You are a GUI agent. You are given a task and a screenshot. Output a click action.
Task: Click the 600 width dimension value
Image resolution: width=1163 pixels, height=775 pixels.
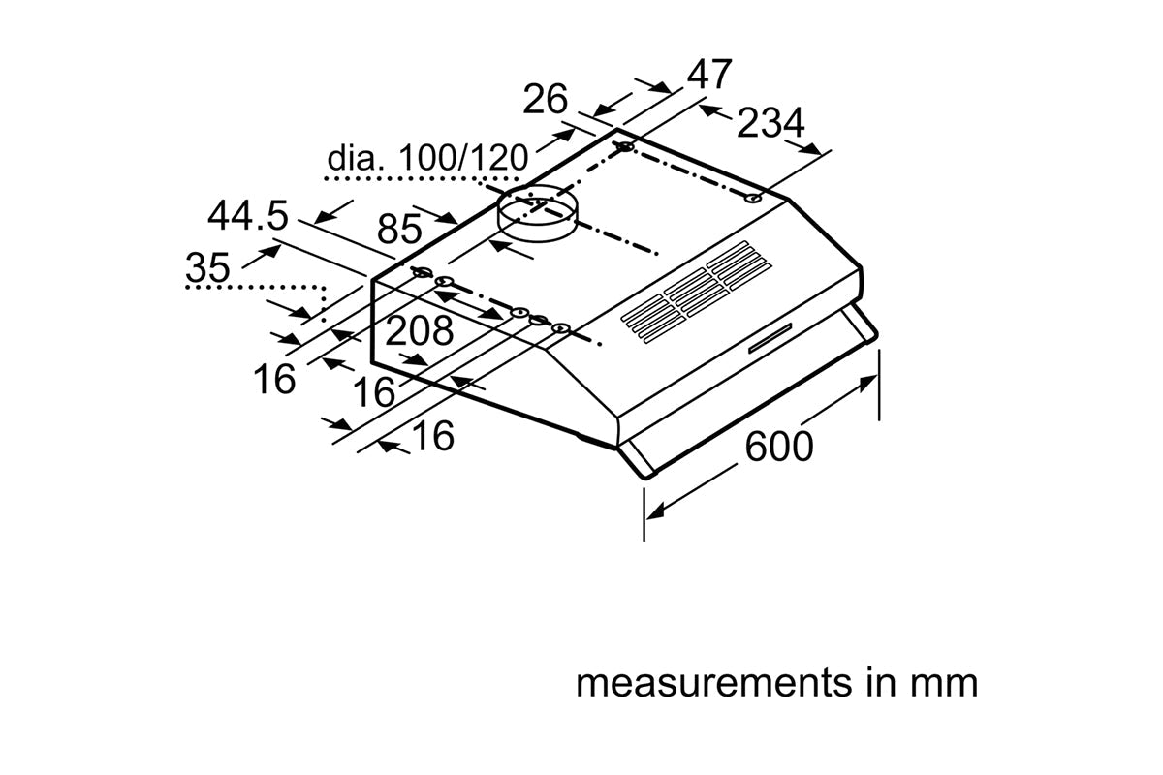click(779, 447)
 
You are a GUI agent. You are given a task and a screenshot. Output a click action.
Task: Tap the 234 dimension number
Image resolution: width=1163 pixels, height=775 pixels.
click(770, 123)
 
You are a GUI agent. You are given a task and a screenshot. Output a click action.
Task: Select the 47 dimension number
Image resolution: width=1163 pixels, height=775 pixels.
click(709, 75)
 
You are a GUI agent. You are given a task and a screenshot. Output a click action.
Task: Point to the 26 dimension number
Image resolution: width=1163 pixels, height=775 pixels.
click(545, 99)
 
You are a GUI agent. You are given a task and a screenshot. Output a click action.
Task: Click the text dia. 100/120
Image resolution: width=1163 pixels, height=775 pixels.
click(427, 158)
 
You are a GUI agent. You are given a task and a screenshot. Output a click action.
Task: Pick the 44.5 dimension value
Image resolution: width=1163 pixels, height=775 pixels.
click(248, 216)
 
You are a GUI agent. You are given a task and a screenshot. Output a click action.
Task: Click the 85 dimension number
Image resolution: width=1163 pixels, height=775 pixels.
click(399, 230)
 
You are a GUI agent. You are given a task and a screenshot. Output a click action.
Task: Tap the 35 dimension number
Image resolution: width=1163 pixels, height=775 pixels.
click(208, 268)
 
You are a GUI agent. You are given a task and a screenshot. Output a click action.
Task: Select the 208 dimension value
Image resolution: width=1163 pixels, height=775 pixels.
click(419, 331)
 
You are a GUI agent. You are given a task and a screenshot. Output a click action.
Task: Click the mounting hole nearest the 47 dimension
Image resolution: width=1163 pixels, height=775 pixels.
click(625, 147)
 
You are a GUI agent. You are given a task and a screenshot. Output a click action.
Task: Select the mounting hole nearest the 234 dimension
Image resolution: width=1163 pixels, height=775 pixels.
click(753, 199)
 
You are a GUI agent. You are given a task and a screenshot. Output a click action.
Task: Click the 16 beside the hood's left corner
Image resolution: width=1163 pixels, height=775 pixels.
click(275, 379)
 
